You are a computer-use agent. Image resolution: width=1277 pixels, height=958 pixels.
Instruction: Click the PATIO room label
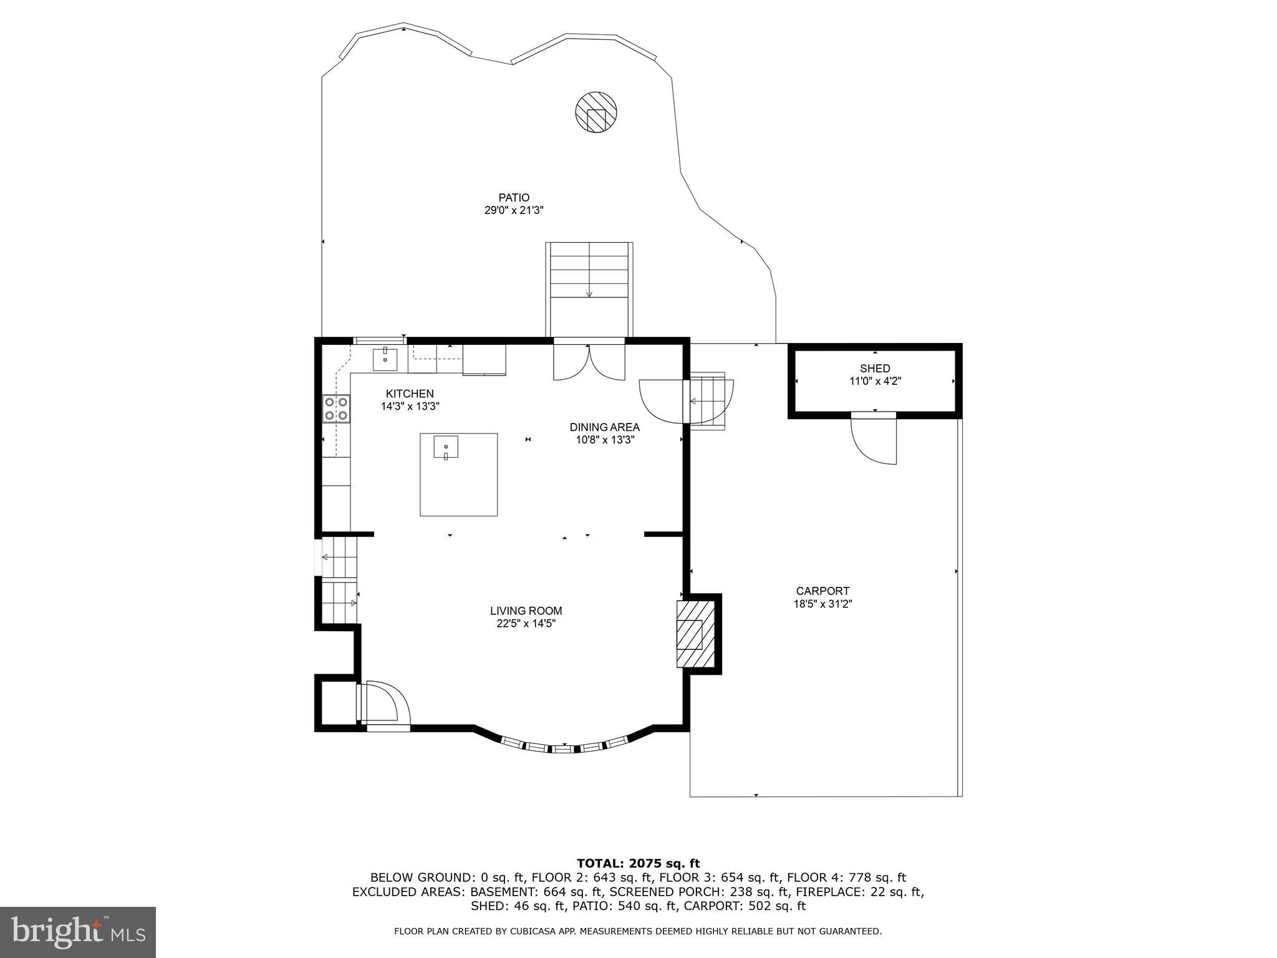point(514,198)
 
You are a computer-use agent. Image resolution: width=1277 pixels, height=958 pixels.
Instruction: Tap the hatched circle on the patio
point(595,112)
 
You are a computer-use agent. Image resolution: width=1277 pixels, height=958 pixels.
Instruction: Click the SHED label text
point(875,369)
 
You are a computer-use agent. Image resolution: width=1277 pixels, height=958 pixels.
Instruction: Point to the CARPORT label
point(822,591)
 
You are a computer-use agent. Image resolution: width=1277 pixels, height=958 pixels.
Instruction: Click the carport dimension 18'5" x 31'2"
point(822,604)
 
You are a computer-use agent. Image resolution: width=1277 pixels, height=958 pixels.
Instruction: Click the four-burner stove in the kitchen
point(336,409)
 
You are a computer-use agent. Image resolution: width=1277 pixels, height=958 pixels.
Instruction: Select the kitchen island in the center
point(458,474)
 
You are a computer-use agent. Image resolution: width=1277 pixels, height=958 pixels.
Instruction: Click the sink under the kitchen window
point(385,359)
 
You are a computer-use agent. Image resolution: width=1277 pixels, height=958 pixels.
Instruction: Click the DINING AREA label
point(604,427)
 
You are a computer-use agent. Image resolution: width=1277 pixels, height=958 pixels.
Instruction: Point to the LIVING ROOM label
point(526,611)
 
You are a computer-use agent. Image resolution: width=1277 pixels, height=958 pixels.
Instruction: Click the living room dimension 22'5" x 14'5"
point(526,624)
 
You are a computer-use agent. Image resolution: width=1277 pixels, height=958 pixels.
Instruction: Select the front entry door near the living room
point(383,704)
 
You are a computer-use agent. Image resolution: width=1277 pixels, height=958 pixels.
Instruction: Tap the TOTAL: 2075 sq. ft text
point(638,864)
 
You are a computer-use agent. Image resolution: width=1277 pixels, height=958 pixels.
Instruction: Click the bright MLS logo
point(78,932)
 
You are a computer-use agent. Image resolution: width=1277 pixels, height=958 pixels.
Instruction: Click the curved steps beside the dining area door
point(710,401)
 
